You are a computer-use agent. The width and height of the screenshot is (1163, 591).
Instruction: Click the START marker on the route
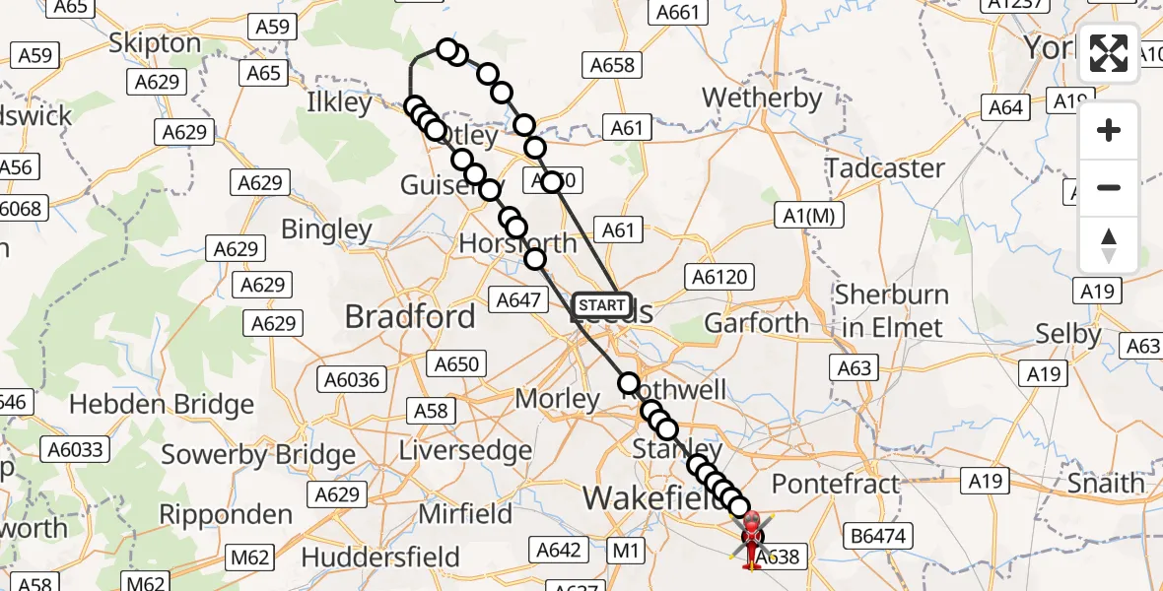pos(601,305)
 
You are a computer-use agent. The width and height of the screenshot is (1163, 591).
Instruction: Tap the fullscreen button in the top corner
pos(1109,53)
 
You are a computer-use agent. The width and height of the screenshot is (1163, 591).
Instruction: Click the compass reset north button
pos(1109,245)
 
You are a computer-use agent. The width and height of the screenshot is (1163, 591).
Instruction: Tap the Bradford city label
pos(410,316)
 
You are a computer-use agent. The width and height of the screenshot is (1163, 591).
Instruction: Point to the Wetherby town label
pos(762,98)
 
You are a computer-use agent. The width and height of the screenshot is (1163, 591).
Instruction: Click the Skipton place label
pos(155,43)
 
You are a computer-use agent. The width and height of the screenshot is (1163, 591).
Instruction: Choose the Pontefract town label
pos(836,484)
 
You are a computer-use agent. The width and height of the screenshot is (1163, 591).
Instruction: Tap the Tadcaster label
pos(885,168)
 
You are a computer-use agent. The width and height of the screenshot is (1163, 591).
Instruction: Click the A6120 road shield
pos(720,278)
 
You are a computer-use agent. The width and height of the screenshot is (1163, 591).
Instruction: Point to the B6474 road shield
pos(879,537)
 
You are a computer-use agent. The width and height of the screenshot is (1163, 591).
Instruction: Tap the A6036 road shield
pos(352,379)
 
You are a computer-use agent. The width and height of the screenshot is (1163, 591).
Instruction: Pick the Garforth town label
pos(756,323)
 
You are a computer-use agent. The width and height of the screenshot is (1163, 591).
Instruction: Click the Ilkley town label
pos(340,102)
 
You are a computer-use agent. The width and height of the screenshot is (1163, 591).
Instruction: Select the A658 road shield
pos(612,65)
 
